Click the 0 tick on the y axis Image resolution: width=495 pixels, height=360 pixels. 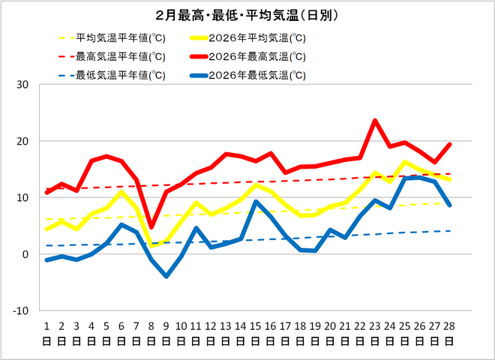click(25, 254)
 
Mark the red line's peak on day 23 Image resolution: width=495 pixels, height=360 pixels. click(375, 121)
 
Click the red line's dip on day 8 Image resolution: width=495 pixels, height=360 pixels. click(151, 226)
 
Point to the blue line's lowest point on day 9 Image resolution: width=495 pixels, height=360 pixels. click(166, 276)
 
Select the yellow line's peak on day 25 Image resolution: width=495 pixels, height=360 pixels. click(405, 162)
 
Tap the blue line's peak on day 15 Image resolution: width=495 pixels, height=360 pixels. click(256, 201)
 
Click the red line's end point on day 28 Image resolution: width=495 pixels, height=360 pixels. click(449, 145)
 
